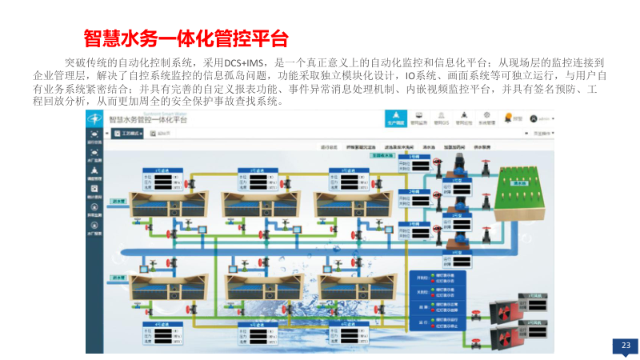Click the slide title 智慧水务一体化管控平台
click(186, 38)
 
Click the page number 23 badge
click(626, 345)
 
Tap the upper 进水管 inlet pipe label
click(118, 202)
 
